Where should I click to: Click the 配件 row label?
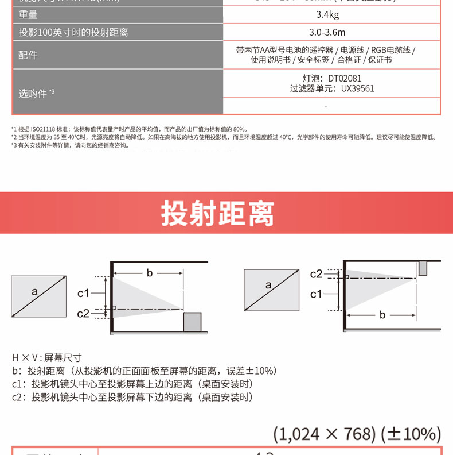28,55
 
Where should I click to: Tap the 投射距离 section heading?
218,214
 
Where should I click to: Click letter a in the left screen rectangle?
34,292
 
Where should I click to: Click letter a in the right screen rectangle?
268,285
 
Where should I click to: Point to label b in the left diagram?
150,273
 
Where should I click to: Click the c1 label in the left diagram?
84,294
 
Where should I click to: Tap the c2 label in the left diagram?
84,313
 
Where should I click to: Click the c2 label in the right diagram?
317,274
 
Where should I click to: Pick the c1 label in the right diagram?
317,294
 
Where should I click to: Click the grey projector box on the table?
192,322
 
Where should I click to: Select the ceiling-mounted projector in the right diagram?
423,268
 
